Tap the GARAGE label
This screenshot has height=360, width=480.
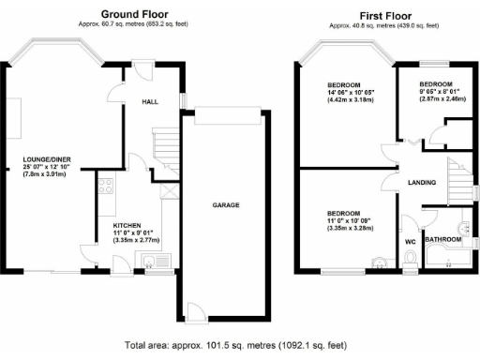click(x=225, y=204)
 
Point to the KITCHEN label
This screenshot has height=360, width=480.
click(x=127, y=226)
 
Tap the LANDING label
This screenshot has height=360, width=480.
click(x=422, y=182)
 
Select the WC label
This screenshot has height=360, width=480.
click(x=410, y=242)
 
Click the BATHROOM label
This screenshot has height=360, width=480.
click(x=442, y=239)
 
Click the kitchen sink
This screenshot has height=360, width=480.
click(x=148, y=259)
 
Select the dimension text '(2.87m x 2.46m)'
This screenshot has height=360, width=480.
click(x=437, y=97)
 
